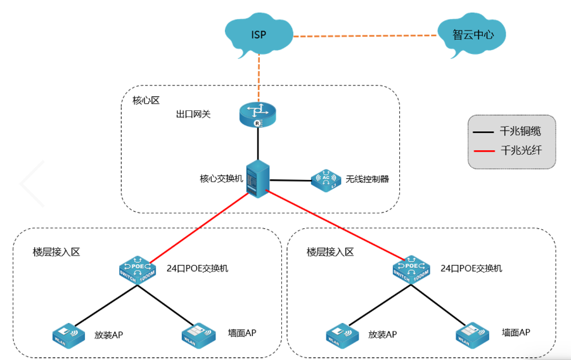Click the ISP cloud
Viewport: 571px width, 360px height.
258,35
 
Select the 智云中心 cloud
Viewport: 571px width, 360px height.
472,35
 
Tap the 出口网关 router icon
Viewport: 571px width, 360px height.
258,115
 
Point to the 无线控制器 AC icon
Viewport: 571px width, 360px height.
326,181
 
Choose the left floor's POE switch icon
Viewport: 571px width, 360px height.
136,269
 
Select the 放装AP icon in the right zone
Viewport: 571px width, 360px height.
343,333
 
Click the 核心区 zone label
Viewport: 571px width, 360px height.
146,100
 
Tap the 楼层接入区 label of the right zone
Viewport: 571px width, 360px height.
330,252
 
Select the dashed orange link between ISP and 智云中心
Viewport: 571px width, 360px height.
364,35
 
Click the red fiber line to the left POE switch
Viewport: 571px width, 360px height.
196,225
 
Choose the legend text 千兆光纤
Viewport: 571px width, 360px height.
520,151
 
